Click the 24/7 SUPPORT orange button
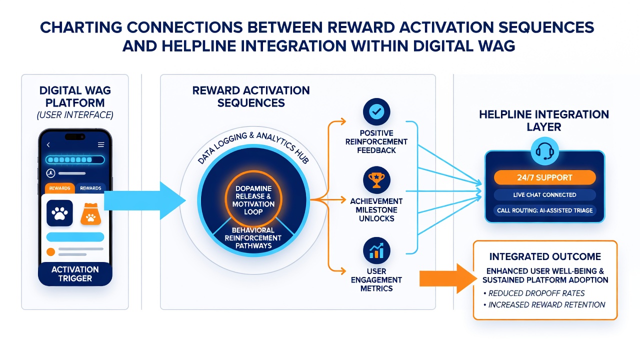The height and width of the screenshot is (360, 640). [544, 177]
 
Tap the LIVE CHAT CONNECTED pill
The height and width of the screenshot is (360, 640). [544, 195]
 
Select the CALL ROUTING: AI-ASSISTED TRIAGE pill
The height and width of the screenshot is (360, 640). [544, 210]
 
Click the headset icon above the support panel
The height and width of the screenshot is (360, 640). [544, 151]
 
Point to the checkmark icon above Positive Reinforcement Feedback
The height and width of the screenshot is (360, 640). [376, 111]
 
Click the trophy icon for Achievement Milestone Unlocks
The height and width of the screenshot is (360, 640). [376, 180]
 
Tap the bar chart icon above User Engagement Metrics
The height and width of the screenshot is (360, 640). [376, 250]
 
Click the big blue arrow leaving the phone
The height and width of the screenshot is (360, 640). [144, 200]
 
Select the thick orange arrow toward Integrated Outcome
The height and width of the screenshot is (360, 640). [448, 278]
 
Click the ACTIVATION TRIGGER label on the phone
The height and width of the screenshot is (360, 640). [75, 273]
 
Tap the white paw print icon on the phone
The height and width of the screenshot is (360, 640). [59, 213]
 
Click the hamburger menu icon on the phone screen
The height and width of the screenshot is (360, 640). [101, 144]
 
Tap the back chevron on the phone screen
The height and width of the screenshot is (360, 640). [48, 145]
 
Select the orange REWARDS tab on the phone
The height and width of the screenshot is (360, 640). [59, 188]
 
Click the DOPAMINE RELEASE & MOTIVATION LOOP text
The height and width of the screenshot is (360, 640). [253, 200]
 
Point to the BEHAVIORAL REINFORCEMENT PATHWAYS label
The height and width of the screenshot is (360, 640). [253, 237]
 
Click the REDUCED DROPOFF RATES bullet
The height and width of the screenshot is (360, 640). [534, 293]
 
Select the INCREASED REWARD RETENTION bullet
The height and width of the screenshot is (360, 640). [544, 305]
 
